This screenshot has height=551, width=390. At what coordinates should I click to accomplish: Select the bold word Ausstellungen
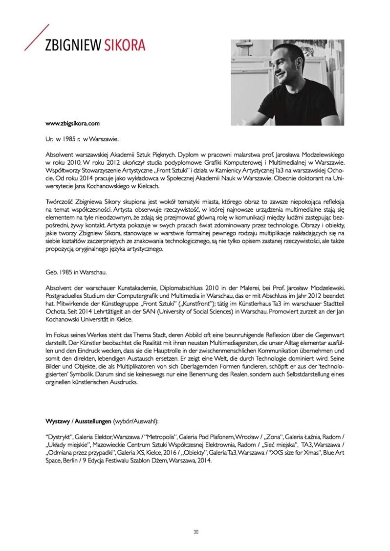click(93, 420)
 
